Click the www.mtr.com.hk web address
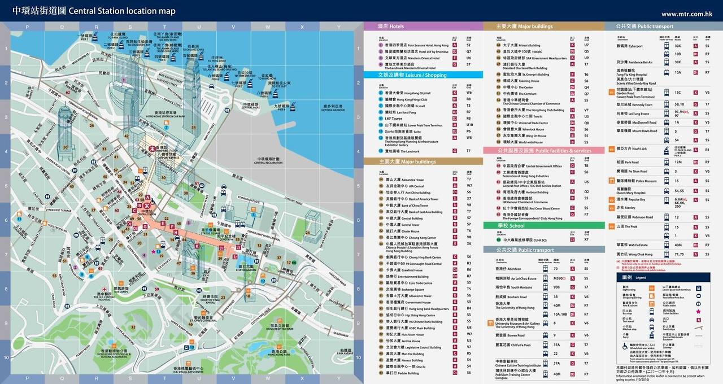pyautogui.click(x=686, y=14)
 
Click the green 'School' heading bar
pyautogui.click(x=511, y=226)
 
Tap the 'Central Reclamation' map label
pyautogui.click(x=269, y=161)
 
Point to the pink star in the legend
pyautogui.click(x=699, y=312)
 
